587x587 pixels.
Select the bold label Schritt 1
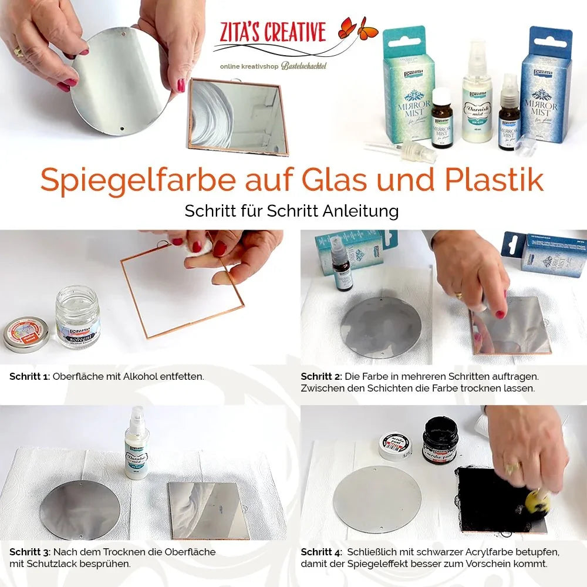29,376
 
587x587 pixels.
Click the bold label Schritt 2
321,376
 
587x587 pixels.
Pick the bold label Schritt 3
29,552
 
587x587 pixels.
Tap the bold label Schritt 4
321,552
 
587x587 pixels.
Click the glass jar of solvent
77,316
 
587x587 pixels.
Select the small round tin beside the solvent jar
26,333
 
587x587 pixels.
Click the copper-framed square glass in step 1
182,291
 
